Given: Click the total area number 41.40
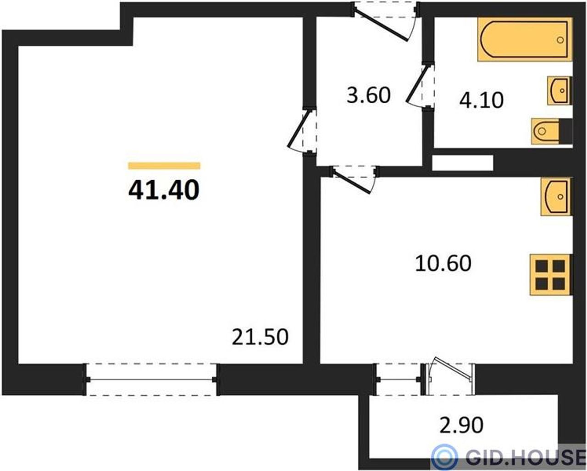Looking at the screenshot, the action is pyautogui.click(x=164, y=190).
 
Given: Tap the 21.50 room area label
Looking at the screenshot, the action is pyautogui.click(x=260, y=337).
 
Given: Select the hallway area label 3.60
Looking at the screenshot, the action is pyautogui.click(x=369, y=95).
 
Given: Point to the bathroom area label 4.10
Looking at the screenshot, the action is pyautogui.click(x=482, y=100).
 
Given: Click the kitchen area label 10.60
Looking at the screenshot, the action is pyautogui.click(x=443, y=263).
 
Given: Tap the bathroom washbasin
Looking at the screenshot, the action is pyautogui.click(x=559, y=91).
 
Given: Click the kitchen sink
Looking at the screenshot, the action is pyautogui.click(x=556, y=197).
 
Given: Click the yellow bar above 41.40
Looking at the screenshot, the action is pyautogui.click(x=164, y=166).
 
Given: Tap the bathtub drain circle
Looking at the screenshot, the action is pyautogui.click(x=560, y=40).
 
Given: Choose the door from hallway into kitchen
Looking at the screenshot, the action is pyautogui.click(x=354, y=179).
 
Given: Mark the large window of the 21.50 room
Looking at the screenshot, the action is pyautogui.click(x=151, y=379).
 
